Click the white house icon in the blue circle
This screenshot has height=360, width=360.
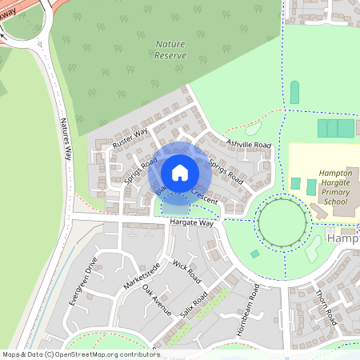pos(180,172)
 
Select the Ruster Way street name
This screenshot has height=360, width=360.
pos(130,138)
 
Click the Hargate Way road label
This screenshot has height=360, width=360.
pos(193,224)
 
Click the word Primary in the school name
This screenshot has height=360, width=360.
pos(330,193)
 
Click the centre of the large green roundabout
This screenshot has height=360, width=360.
pos(281,222)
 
